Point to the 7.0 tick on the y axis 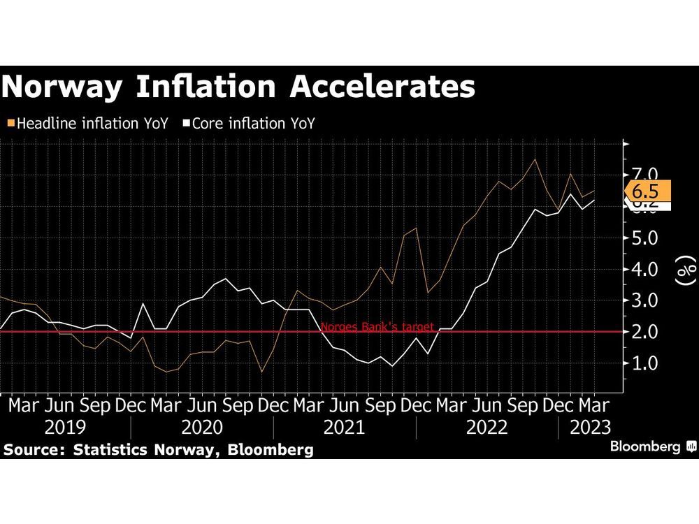(644, 174)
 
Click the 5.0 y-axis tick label (644, 238)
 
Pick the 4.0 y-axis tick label (644, 269)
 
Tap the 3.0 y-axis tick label (644, 300)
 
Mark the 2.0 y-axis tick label (644, 332)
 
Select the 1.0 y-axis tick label (644, 363)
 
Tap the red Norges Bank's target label (377, 326)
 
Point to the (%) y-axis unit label (688, 269)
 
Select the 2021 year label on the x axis (345, 427)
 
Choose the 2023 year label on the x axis (589, 427)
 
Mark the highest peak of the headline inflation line (535, 159)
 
